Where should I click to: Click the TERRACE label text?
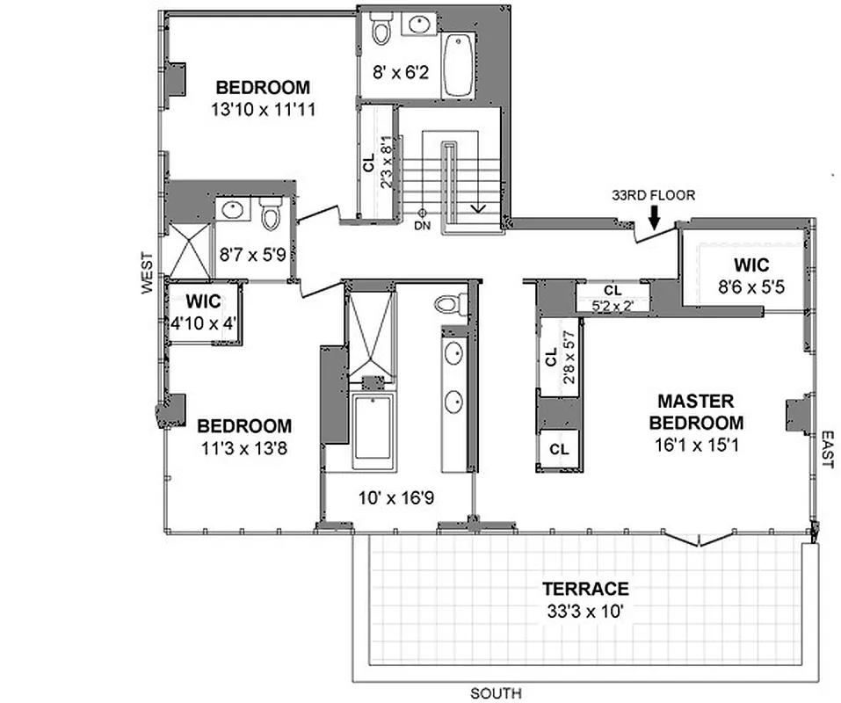point(584,589)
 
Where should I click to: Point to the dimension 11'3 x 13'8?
point(243,448)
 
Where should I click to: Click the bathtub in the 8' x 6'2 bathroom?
point(458,65)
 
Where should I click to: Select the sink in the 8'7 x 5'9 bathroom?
point(233,211)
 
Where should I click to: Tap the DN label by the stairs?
point(422,226)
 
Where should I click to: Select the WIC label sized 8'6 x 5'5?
point(751,265)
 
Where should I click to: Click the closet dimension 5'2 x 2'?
point(613,306)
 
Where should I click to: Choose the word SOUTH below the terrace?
point(496,693)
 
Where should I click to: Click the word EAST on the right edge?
point(827,449)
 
